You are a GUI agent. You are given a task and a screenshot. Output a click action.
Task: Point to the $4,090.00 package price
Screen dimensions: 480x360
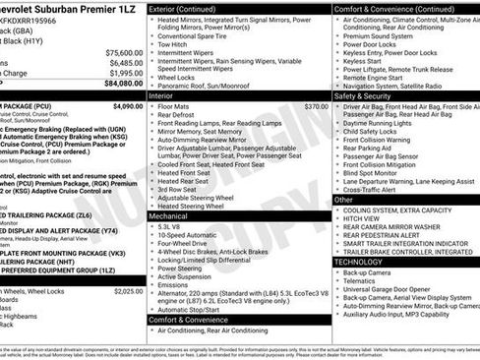127,104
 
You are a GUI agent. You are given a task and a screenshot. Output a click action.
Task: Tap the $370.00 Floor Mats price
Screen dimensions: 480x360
316,105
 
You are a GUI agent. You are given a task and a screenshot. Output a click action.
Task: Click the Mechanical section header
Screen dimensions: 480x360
171,216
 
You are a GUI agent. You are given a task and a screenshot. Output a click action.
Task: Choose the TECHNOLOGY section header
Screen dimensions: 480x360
360,262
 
